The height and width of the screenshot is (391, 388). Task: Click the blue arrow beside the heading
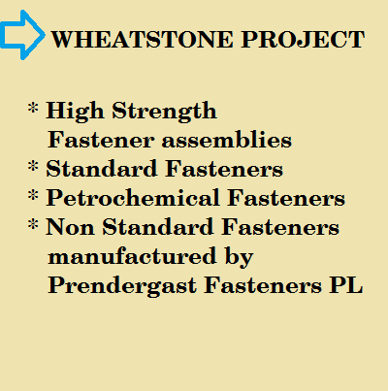coord(22,35)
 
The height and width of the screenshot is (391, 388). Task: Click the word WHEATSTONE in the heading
coord(143,40)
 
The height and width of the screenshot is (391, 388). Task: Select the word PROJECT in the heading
coord(303,40)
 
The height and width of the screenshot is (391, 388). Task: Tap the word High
coord(75,112)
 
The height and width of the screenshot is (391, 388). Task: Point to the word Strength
coord(164,112)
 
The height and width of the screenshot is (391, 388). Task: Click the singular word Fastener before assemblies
coord(101,140)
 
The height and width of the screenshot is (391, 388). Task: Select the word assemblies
coord(227,140)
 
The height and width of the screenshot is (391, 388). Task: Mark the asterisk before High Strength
coord(33,108)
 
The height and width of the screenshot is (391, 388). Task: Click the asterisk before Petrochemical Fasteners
coord(33,195)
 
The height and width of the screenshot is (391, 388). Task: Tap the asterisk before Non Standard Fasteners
coord(33,224)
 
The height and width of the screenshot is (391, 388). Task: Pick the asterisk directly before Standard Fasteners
coord(33,166)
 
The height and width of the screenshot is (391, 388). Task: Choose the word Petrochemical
coord(133,197)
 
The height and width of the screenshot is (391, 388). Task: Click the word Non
coord(70,227)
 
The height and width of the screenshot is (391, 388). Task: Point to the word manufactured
coord(132,256)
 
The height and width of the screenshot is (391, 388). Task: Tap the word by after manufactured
coord(239,257)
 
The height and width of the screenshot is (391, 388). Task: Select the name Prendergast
coord(122,286)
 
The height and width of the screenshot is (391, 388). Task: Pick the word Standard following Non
coord(158,226)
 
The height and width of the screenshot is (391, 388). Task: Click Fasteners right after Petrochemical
coord(286,198)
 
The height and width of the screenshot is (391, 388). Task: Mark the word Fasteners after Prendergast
coord(263,285)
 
